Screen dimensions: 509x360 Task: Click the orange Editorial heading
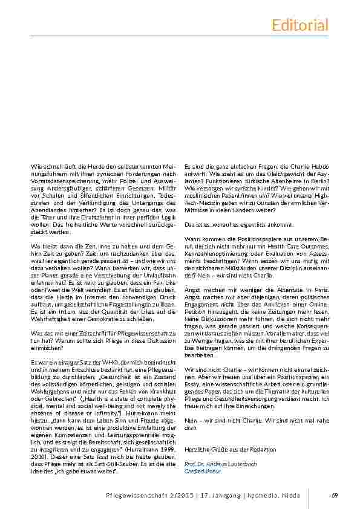[x=300, y=25]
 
